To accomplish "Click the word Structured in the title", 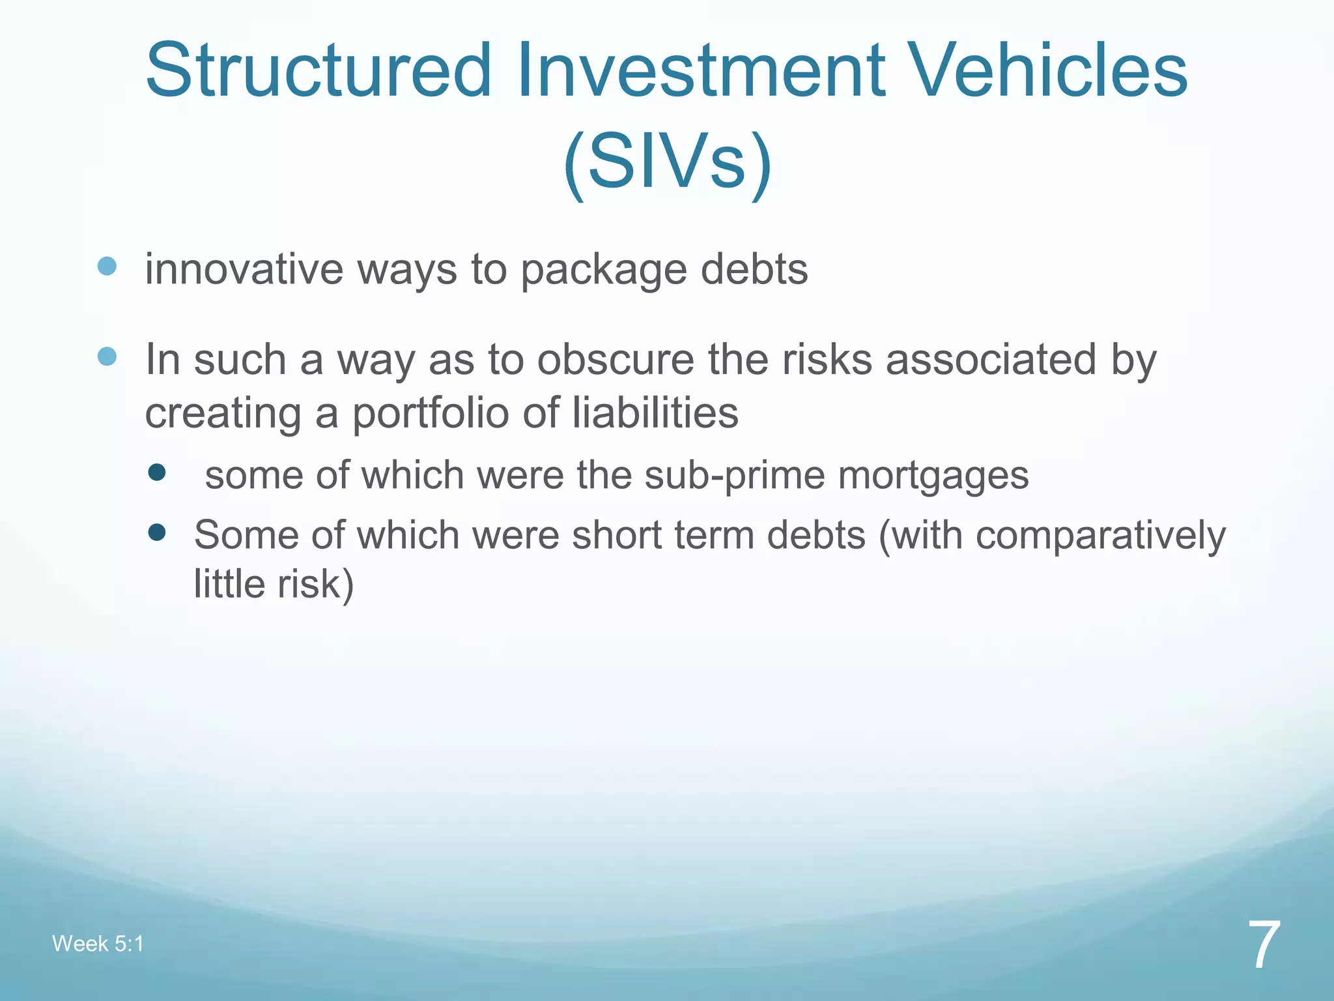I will (x=318, y=70).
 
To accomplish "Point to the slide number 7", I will (x=1264, y=945).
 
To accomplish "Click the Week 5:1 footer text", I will (x=98, y=944).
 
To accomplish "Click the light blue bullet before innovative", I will (x=107, y=266).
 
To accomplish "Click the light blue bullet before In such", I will (x=107, y=356).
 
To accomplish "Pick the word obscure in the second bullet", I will (x=616, y=360).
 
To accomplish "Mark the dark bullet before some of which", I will (x=157, y=472).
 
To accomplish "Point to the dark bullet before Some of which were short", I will (x=157, y=533).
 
